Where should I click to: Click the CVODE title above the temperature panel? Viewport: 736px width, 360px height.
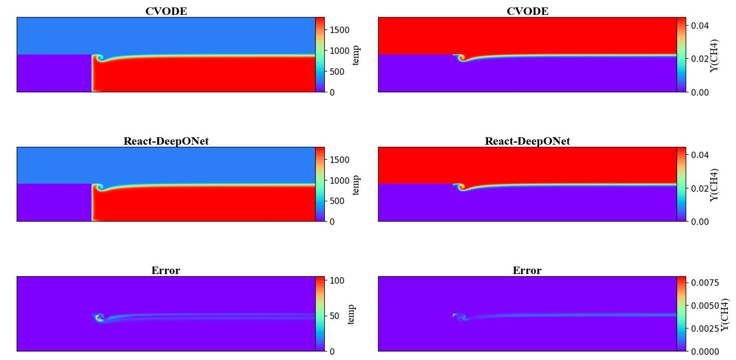(x=166, y=11)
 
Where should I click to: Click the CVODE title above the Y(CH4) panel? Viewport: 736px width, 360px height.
(x=527, y=11)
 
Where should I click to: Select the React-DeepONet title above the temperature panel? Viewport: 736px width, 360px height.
(x=166, y=141)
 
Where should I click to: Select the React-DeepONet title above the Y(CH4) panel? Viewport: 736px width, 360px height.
(x=527, y=141)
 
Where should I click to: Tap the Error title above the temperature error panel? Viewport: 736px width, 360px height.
(x=166, y=270)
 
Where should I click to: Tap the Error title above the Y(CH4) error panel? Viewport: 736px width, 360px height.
(x=527, y=270)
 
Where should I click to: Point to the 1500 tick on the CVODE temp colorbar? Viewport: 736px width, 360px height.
(x=339, y=30)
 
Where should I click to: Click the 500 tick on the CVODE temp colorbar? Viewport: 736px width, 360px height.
(x=337, y=72)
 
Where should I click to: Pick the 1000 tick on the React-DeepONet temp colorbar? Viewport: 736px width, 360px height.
(x=339, y=180)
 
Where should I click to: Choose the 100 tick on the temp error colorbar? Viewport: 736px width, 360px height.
(x=337, y=281)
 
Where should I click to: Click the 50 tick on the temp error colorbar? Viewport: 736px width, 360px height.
(x=334, y=316)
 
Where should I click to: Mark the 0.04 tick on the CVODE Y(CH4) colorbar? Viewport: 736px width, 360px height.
(x=699, y=26)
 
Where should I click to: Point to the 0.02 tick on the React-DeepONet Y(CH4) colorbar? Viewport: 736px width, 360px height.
(x=699, y=189)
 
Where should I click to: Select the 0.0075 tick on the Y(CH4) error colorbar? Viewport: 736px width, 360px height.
(x=705, y=283)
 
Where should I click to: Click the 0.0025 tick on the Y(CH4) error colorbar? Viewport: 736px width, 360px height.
(x=705, y=328)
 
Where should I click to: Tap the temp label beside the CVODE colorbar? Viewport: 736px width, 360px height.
(x=356, y=56)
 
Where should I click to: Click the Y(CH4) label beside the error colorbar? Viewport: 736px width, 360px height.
(x=724, y=315)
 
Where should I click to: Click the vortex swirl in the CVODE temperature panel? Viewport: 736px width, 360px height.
(x=100, y=58)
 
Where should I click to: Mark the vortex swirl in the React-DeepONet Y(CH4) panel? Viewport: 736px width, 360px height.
(x=462, y=188)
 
